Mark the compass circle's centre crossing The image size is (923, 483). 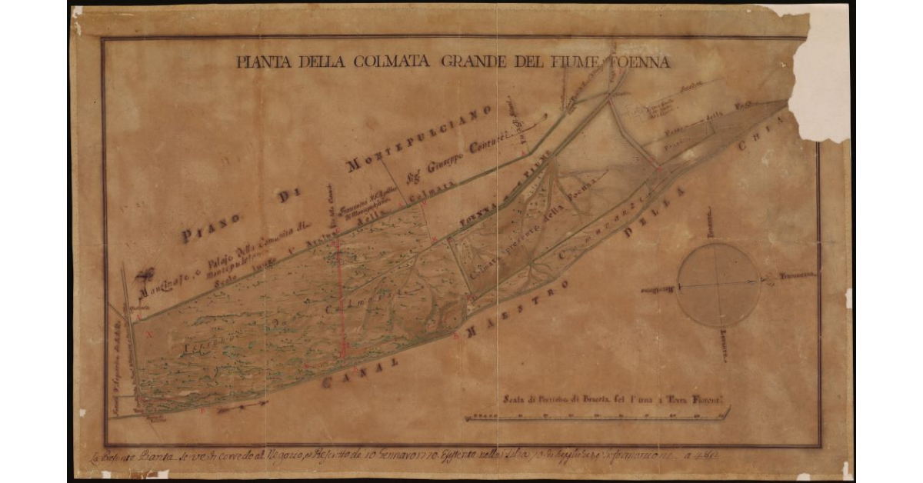(x=717, y=285)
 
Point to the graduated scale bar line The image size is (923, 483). (x=596, y=416)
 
